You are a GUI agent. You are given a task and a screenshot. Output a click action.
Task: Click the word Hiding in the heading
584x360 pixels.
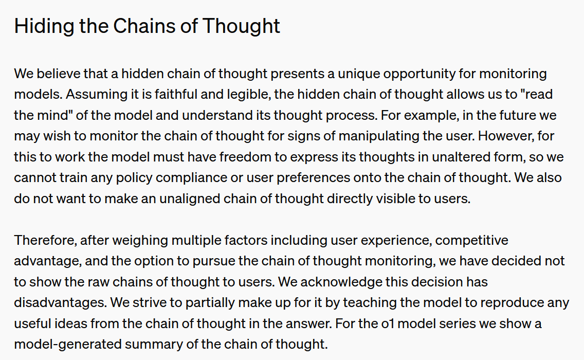point(44,27)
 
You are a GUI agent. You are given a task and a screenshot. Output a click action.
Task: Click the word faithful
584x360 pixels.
point(176,94)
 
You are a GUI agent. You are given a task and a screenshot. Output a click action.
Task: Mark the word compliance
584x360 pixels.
point(190,178)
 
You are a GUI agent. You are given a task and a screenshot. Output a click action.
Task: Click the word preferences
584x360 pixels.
point(313,178)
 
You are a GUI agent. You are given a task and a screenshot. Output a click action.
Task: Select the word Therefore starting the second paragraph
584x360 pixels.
point(45,240)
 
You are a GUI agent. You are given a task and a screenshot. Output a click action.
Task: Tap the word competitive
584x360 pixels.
point(471,241)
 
